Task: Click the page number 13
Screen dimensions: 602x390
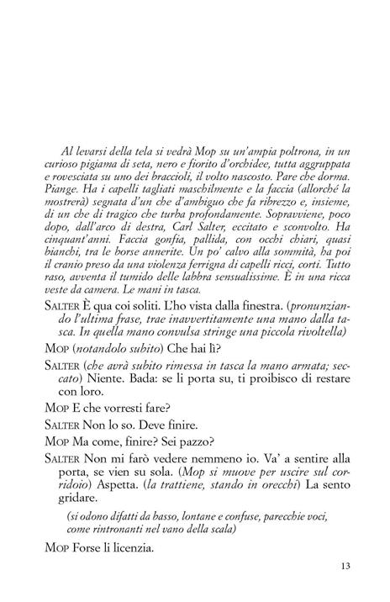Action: click(345, 565)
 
